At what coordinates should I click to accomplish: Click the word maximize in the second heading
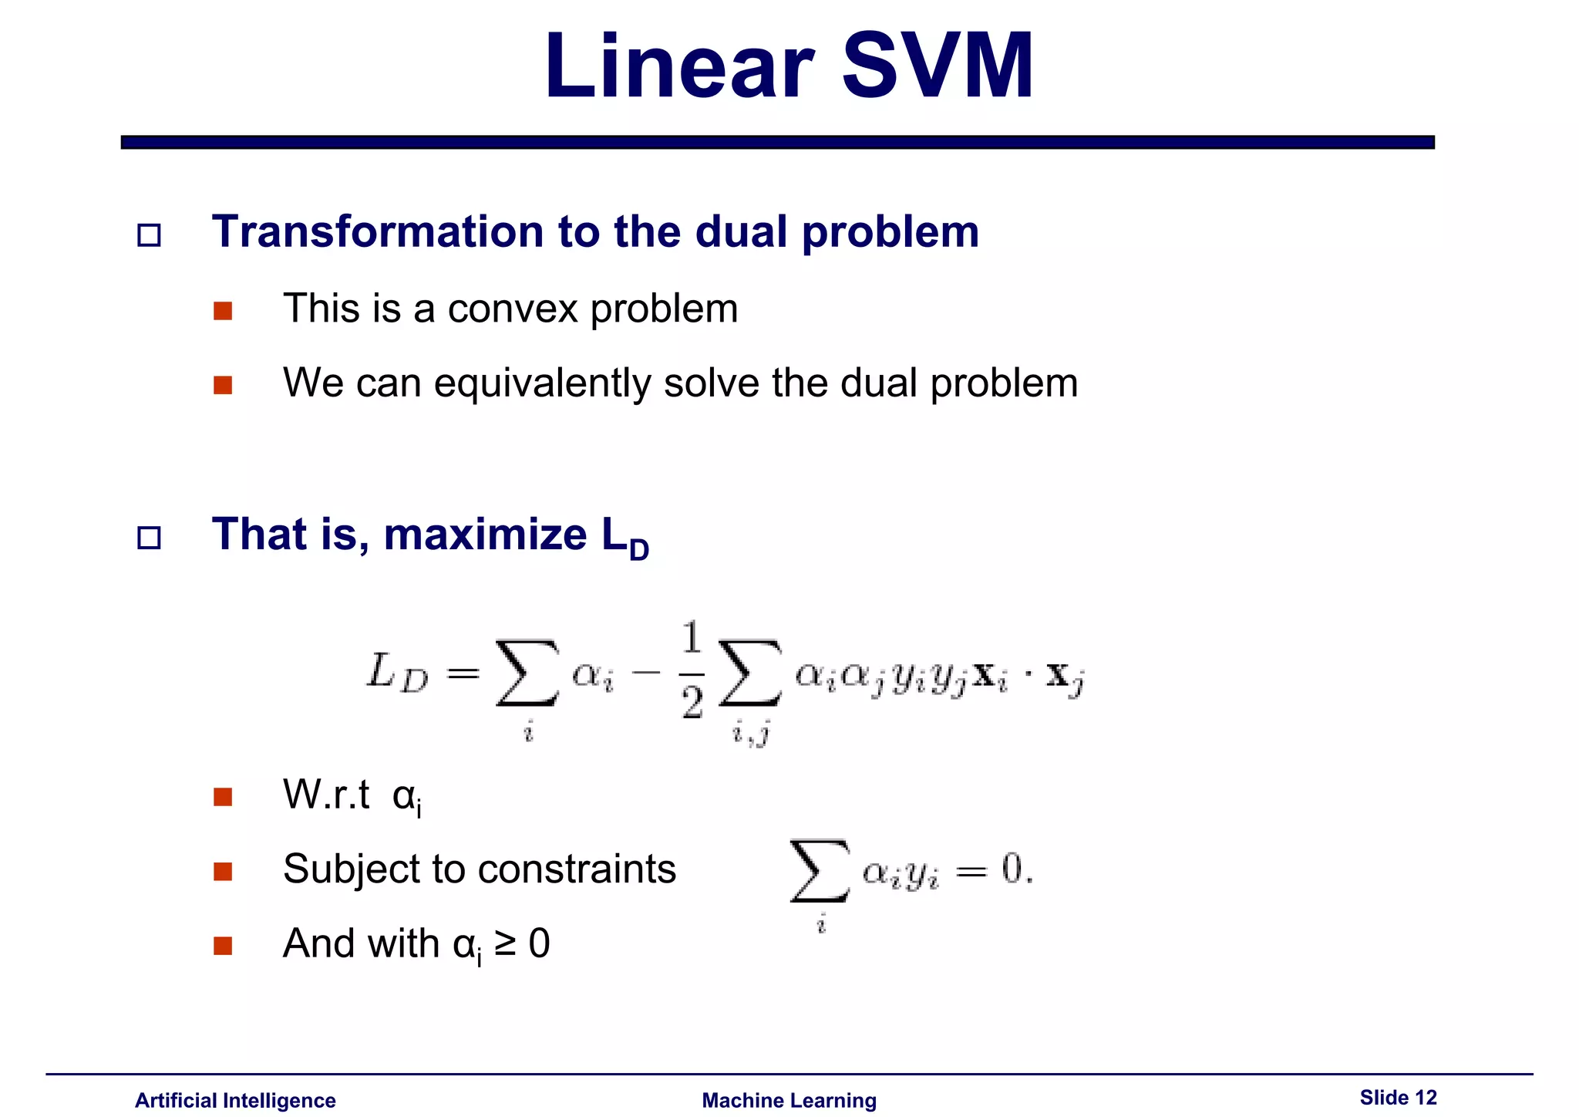coord(485,535)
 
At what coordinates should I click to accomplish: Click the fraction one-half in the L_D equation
coord(692,671)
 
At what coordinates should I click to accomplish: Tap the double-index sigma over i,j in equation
coord(749,673)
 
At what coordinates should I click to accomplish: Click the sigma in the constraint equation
coord(820,872)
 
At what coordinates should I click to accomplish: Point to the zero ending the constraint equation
coord(1012,870)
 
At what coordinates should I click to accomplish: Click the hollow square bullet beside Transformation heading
coord(149,235)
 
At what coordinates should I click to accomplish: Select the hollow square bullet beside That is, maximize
coord(149,538)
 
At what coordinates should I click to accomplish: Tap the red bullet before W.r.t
coord(223,797)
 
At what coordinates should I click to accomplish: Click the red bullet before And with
coord(223,946)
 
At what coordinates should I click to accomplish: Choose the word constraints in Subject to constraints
coord(577,869)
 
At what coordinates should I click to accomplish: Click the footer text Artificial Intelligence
coord(235,1100)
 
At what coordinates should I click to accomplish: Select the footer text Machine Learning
coord(789,1100)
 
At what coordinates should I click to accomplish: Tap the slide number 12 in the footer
coord(1426,1097)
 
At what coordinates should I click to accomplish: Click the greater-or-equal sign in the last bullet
coord(506,944)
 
